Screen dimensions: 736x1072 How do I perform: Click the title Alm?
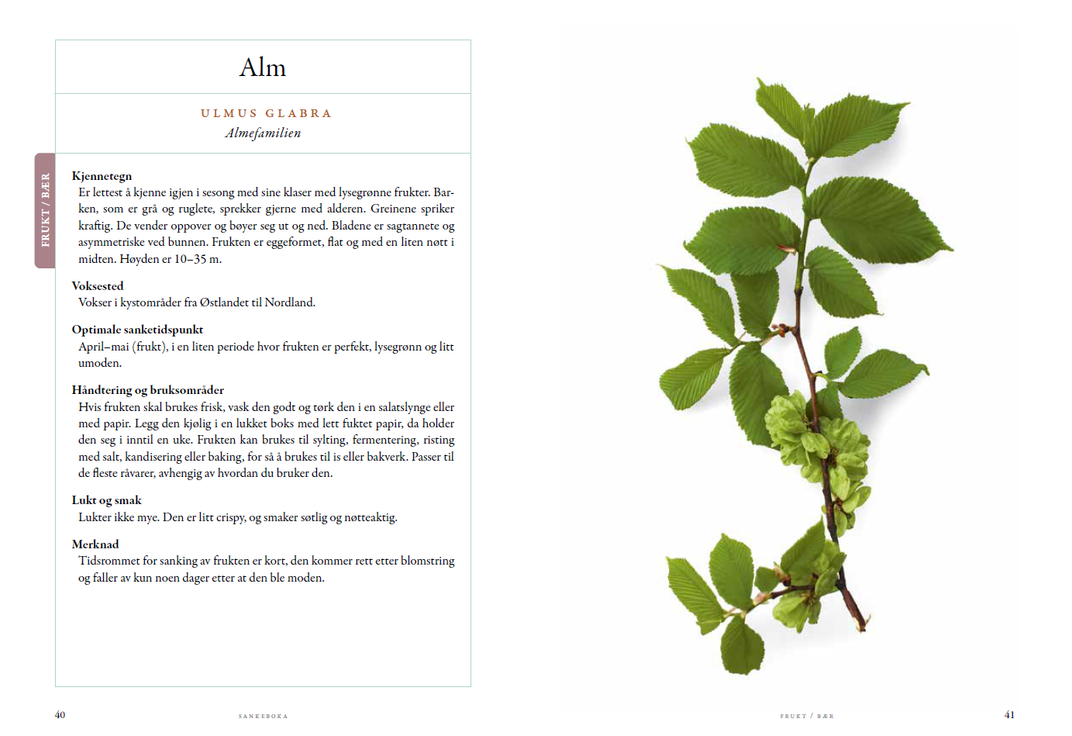263,67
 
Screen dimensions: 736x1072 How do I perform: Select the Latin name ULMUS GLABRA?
266,113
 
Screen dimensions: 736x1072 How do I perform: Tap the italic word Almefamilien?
263,133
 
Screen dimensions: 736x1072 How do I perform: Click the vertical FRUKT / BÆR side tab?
45,210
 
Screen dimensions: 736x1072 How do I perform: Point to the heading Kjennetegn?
102,176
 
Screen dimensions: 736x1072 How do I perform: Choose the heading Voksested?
98,286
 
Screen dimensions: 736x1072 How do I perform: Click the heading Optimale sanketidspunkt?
137,330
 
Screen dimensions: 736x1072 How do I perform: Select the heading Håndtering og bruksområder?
148,390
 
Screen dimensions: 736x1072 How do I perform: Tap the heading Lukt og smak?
107,500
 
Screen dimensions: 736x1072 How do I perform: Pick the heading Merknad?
95,544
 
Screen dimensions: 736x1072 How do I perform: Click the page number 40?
60,715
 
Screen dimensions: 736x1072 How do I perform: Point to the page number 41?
1009,715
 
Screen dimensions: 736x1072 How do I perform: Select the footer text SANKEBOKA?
263,716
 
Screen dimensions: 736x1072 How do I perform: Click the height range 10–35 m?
198,259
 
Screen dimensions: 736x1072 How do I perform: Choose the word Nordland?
290,302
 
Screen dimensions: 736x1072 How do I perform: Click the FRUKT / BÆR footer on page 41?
807,716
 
